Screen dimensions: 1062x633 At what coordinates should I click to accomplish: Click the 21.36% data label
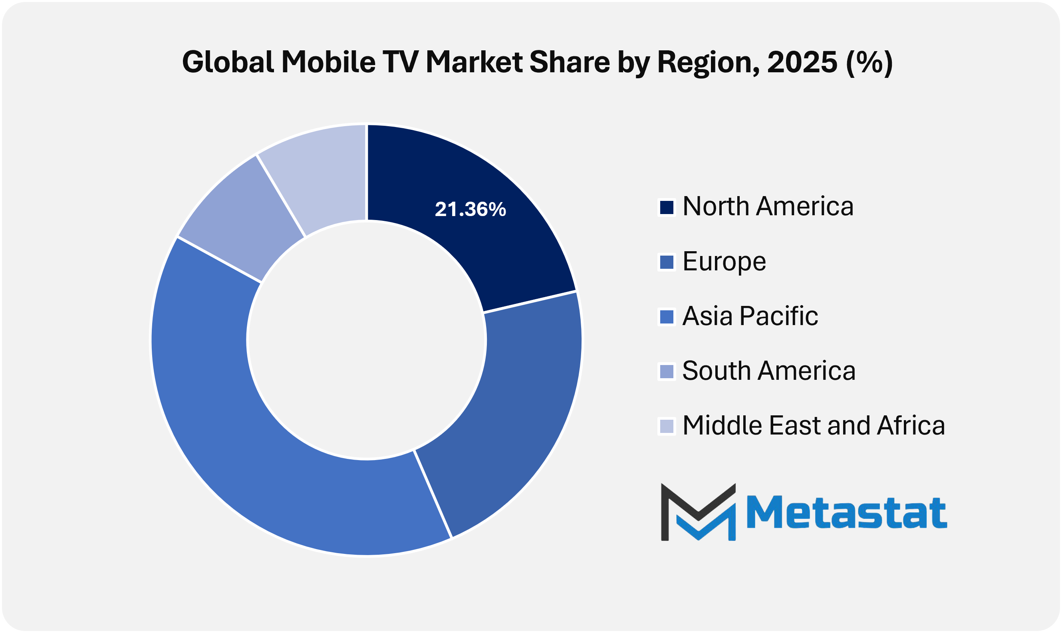click(x=470, y=209)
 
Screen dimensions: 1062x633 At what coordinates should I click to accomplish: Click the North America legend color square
click(x=667, y=208)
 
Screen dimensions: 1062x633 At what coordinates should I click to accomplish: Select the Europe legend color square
click(x=667, y=262)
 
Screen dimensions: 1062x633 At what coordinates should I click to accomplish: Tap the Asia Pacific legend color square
click(x=667, y=317)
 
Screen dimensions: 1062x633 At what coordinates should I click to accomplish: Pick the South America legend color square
click(x=667, y=371)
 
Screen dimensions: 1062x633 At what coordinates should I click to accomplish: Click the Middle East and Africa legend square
click(x=667, y=426)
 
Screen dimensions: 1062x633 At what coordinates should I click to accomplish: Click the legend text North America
click(x=768, y=207)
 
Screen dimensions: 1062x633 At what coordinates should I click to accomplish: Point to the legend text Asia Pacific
click(x=750, y=316)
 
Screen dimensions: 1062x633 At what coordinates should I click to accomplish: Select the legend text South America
click(x=769, y=371)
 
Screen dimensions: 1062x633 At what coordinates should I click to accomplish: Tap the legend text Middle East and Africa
click(x=814, y=426)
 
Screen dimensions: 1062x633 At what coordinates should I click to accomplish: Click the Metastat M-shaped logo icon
click(x=698, y=512)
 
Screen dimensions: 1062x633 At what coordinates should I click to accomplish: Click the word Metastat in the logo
click(x=847, y=512)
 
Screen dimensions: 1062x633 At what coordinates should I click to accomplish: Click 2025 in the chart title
click(x=802, y=62)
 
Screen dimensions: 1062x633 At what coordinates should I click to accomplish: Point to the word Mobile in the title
click(x=328, y=62)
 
